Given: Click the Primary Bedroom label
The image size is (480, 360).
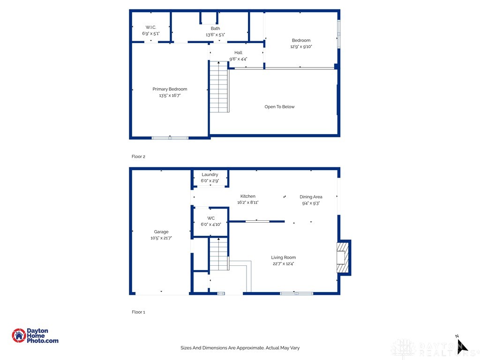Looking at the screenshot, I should (170, 89).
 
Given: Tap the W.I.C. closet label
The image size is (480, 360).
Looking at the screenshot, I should (150, 28).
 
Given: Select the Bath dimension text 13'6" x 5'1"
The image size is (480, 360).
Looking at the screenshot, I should (215, 35).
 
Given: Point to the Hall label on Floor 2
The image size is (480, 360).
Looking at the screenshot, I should (238, 52).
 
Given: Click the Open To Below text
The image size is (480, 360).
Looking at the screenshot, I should (279, 107).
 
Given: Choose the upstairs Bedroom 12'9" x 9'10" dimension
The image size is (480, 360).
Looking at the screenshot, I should (301, 47).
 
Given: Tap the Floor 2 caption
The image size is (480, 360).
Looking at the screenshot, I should (138, 157).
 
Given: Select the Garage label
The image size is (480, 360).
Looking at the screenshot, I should (161, 232).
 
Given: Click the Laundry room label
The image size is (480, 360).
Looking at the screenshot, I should (210, 174).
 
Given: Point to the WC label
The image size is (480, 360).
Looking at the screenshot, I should (211, 218).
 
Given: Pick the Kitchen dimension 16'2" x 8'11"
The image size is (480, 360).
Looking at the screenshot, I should (247, 202).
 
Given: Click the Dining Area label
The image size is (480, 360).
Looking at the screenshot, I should (311, 197).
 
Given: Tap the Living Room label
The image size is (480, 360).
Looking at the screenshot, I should (283, 257).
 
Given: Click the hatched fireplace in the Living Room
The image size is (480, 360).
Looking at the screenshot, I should (343, 257).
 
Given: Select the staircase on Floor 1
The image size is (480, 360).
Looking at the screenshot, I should (218, 255).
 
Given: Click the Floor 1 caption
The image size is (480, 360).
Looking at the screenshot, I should (138, 312).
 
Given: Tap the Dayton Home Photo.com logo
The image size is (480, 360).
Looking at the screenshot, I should (35, 336).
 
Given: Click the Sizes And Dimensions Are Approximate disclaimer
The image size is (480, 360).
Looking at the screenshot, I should (240, 348).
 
